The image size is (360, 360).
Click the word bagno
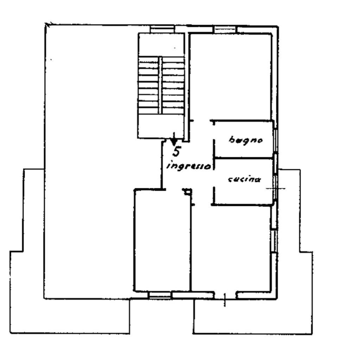point(246,140)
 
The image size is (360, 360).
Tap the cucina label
point(244,179)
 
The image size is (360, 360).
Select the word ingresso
point(189,166)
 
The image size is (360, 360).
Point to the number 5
point(176,152)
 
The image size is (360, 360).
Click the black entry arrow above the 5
point(174,139)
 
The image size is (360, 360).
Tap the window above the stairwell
point(162,29)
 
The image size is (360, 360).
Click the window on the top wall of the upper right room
point(225,30)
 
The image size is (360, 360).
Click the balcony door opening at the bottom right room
point(225,295)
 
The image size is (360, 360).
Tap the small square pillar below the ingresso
point(187,192)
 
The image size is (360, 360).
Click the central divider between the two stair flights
point(160,85)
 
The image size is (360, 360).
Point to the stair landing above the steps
point(161,45)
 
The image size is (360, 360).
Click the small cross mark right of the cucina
point(276,188)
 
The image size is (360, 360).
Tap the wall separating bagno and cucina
point(243,158)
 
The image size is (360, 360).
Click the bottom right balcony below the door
point(253,316)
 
